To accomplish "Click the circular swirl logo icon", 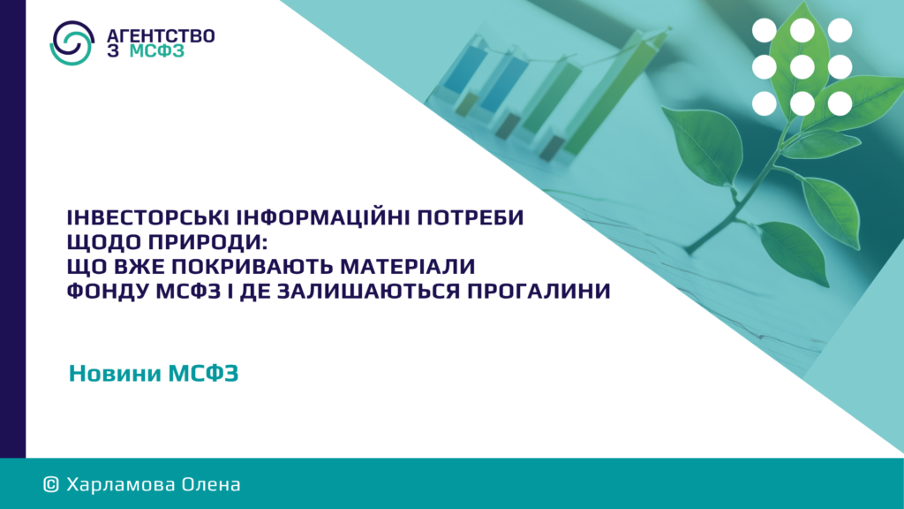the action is (x=72, y=42).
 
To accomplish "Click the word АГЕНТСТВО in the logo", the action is (x=161, y=35).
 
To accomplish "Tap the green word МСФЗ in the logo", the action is (x=157, y=51).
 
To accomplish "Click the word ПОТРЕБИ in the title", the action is (x=470, y=217).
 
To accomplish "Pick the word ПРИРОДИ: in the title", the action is (x=207, y=242).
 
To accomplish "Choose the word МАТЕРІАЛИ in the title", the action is (x=408, y=267).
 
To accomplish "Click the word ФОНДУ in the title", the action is (x=108, y=291).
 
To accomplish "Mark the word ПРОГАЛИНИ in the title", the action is (x=539, y=291).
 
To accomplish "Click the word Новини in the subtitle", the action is (x=116, y=374).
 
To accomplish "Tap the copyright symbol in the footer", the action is (x=51, y=485).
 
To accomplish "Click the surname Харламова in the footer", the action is (x=121, y=485).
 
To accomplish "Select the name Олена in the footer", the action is (x=211, y=485).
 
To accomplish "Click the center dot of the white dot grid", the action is (x=802, y=67).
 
